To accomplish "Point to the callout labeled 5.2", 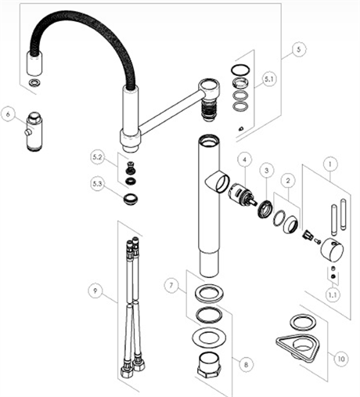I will click(x=98, y=158).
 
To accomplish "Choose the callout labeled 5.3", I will click(x=98, y=183).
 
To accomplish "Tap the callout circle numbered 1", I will click(x=332, y=164).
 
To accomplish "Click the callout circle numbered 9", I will click(x=95, y=293).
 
